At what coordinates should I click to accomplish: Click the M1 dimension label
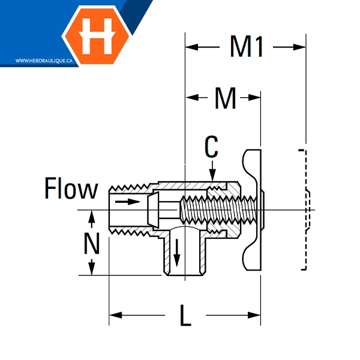247,47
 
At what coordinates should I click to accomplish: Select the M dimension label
225,99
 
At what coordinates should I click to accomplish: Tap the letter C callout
211,146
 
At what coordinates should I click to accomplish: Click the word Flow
71,189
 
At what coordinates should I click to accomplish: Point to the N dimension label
91,243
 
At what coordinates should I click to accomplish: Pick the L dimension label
185,316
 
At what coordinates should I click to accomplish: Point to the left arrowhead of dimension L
114,315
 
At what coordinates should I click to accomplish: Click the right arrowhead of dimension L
256,315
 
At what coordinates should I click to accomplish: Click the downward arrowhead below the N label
92,271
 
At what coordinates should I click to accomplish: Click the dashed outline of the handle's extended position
304,210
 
